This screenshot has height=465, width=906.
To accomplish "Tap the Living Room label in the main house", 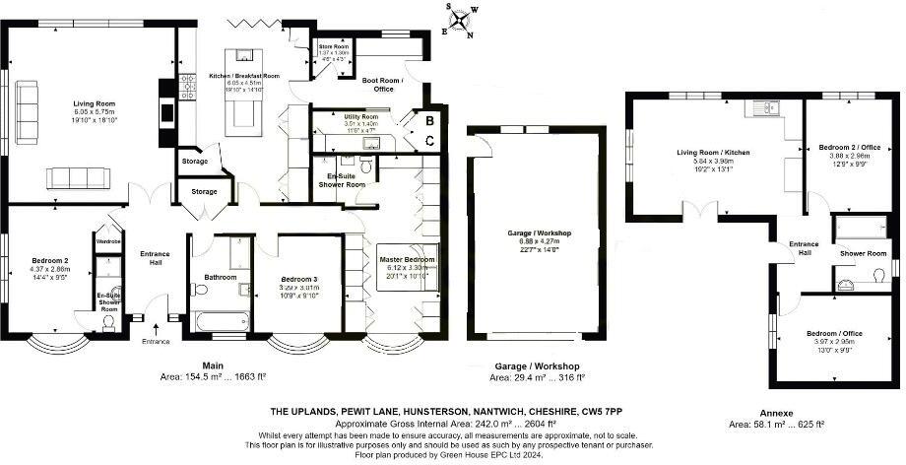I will (94, 101).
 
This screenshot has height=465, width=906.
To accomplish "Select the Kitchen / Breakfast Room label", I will (244, 76).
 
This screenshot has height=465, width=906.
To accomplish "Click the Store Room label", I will (334, 46).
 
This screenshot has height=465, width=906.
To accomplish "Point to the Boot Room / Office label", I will (377, 85).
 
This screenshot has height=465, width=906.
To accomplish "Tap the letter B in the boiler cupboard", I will (430, 120).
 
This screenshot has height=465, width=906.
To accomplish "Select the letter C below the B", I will (430, 141).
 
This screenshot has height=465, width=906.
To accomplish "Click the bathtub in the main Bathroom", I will (219, 322).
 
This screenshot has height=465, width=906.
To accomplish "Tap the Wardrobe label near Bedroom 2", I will (107, 239).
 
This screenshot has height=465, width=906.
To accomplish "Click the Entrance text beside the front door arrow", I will (155, 341).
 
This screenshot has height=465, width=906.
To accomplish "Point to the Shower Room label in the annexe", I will (863, 253).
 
